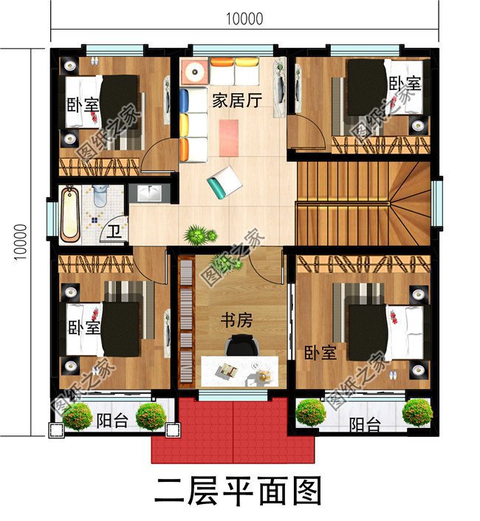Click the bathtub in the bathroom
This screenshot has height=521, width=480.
pos(70,214)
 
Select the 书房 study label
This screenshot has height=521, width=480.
pos(237,320)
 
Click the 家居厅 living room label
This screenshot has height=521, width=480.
pos(237,102)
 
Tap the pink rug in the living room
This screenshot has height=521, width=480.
pos(230,137)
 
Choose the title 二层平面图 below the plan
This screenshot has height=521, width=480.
pos(238,491)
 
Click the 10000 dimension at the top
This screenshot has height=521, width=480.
pos(244,20)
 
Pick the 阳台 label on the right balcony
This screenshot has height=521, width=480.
pos(365,426)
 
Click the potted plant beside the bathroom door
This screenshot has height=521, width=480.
pos(196,235)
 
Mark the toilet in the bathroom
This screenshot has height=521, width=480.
pos(99,196)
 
